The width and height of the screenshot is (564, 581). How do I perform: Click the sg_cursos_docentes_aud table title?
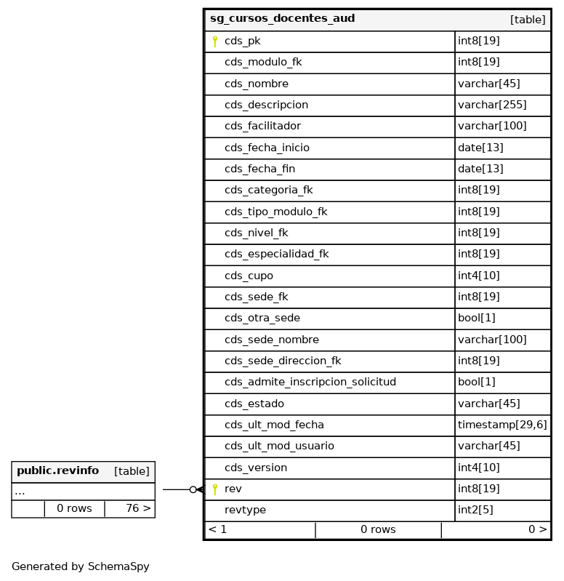coord(282,19)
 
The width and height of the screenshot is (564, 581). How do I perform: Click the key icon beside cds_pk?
coord(215,41)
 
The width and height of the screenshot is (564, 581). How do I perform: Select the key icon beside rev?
coord(215,489)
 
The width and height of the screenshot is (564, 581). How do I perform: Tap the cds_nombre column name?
coord(256,84)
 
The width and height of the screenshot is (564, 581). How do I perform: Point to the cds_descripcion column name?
coord(266,105)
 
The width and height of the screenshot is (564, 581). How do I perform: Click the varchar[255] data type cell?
coord(492,105)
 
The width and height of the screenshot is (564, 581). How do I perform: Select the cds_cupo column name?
coord(249,276)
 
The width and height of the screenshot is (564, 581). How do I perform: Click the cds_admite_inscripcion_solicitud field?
coord(310,382)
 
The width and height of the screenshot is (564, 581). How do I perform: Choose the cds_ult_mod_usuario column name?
coord(279,446)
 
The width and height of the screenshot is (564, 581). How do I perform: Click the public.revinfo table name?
coord(57,471)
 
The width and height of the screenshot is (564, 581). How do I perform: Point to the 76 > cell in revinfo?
coord(137,508)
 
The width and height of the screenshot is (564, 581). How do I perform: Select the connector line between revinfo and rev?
coord(176,489)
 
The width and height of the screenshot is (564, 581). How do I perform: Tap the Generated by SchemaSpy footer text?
coord(80,566)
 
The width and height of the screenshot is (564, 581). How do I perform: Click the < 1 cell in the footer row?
coord(218,529)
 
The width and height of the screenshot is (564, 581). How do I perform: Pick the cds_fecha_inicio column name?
coord(267,148)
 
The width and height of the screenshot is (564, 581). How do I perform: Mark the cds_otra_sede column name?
coord(262,318)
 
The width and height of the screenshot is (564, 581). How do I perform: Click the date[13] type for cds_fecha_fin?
coord(480,169)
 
